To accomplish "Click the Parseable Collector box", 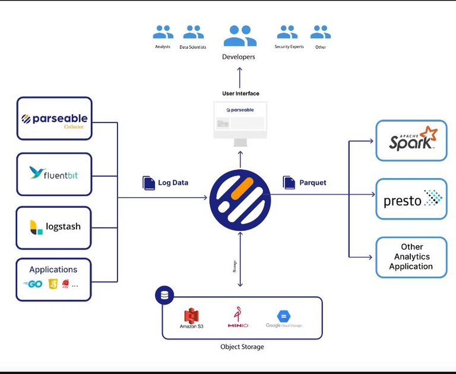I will tap(54, 119).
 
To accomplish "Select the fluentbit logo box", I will tap(54, 174).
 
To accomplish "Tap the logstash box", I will tap(54, 227).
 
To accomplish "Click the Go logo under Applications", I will tap(33, 284).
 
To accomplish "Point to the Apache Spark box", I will tap(411, 140).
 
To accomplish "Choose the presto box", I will tap(411, 199).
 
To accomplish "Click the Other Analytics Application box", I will tap(411, 256).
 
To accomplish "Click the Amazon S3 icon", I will tap(191, 316).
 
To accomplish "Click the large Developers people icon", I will tap(240, 36).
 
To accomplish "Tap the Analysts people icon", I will tap(163, 32).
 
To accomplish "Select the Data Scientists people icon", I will tap(193, 32).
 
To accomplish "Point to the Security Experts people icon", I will tap(288, 32).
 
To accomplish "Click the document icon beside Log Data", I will tap(148, 182).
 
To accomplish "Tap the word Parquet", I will tap(313, 183).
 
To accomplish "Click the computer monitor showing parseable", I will tap(240, 122).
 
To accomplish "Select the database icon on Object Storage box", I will tap(163, 295).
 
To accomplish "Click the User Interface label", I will tap(240, 94).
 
